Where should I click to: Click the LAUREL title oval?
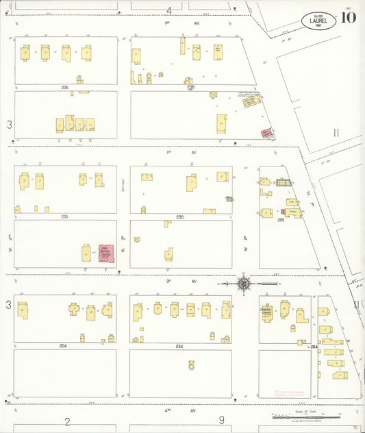click(318, 20)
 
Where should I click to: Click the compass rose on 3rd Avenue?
click(243, 282)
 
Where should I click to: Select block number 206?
click(64, 88)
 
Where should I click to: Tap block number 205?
click(64, 216)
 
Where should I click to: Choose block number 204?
click(63, 346)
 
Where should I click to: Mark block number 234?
click(179, 346)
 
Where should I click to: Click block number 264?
click(314, 347)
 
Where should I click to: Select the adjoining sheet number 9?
click(221, 421)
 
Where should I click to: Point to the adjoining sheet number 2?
click(67, 421)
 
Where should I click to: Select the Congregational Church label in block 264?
click(267, 310)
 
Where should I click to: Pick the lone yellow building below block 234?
click(191, 364)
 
